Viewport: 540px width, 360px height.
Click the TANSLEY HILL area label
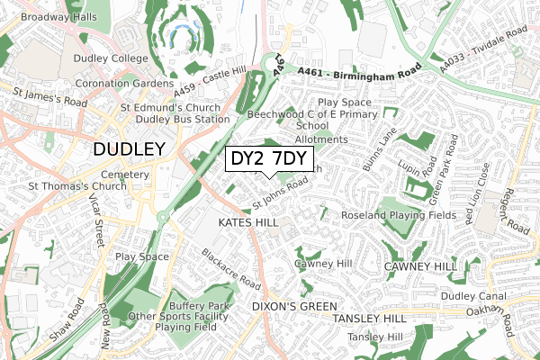(369, 319)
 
